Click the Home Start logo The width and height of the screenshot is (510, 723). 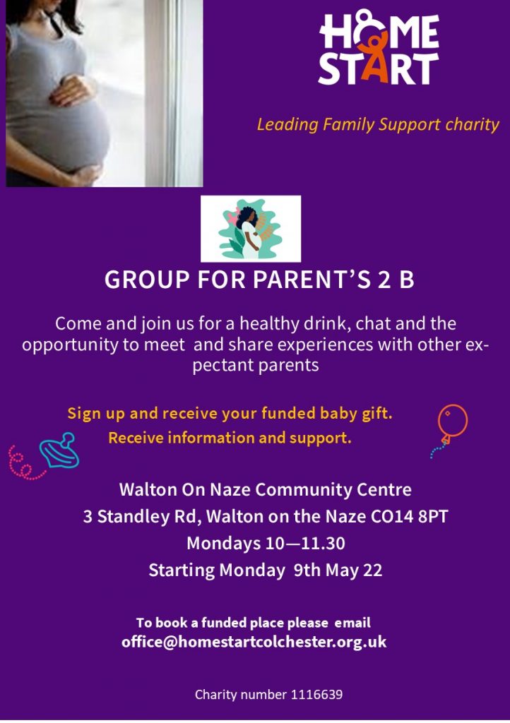[379, 49]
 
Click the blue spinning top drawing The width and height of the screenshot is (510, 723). [59, 450]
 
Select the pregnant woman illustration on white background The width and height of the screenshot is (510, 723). [250, 229]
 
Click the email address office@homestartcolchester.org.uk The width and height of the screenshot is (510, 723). [254, 642]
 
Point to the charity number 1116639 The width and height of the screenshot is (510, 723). [268, 695]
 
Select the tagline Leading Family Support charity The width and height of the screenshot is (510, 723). [378, 124]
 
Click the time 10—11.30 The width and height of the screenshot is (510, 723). [305, 543]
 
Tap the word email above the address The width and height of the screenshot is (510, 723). [352, 623]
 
